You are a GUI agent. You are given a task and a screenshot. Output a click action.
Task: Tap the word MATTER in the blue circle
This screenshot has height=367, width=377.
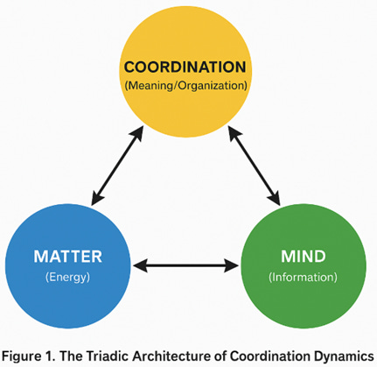(67, 258)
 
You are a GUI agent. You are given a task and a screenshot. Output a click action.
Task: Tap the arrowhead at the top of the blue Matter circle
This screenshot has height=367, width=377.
(94, 201)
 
